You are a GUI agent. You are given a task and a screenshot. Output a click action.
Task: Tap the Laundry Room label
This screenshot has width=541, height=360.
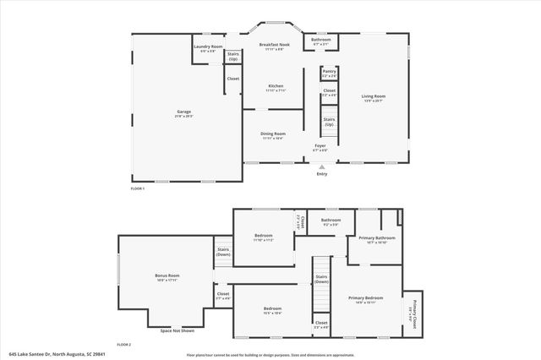pyautogui.click(x=208, y=46)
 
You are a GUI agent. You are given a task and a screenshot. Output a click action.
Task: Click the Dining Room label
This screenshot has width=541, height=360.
pyautogui.click(x=273, y=133)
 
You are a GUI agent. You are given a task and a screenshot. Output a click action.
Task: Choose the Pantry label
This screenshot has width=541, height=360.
pyautogui.click(x=329, y=72)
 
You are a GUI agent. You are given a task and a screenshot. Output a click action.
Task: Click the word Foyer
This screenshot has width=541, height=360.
pyautogui.click(x=320, y=145)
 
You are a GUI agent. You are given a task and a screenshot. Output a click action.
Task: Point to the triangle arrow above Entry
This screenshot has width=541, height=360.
pyautogui.click(x=321, y=166)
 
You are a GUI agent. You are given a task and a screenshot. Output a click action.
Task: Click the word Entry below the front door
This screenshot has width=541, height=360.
pyautogui.click(x=321, y=174)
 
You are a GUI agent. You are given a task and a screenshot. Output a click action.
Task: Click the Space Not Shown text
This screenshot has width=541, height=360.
pyautogui.click(x=177, y=330)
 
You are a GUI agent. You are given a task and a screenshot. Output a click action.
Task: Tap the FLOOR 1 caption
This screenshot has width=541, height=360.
pyautogui.click(x=137, y=188)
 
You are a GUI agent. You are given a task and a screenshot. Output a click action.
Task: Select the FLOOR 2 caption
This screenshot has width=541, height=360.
pyautogui.click(x=124, y=344)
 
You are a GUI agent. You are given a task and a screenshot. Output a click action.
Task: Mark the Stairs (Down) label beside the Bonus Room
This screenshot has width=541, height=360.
pyautogui.click(x=223, y=251)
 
